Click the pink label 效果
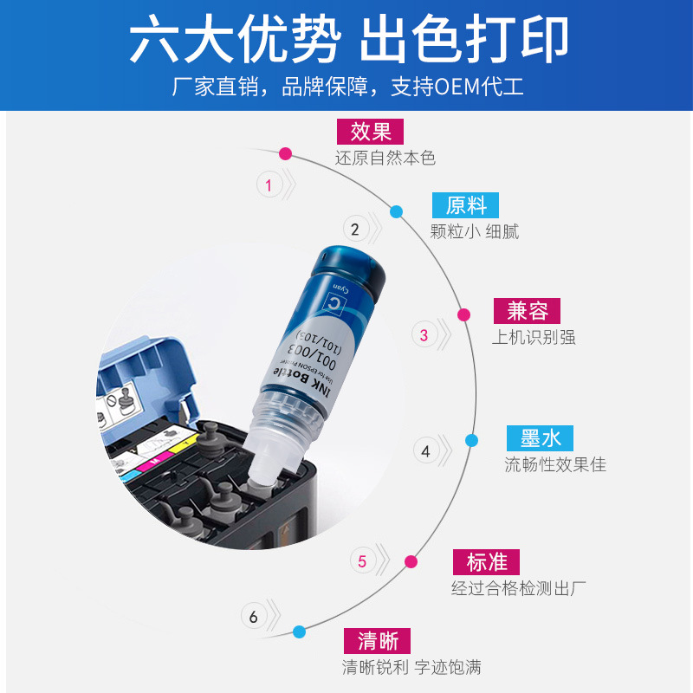[371, 131]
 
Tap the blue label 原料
[466, 205]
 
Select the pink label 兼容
[527, 311]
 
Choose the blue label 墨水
[541, 437]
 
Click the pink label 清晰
[377, 640]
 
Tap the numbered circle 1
[269, 185]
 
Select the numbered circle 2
[354, 230]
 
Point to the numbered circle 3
[424, 335]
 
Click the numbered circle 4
[425, 451]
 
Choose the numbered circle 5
[362, 561]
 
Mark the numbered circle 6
[254, 618]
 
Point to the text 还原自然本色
[385, 159]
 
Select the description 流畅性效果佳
[555, 465]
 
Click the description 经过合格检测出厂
[519, 588]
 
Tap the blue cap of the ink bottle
[352, 269]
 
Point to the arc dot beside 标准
[411, 561]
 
